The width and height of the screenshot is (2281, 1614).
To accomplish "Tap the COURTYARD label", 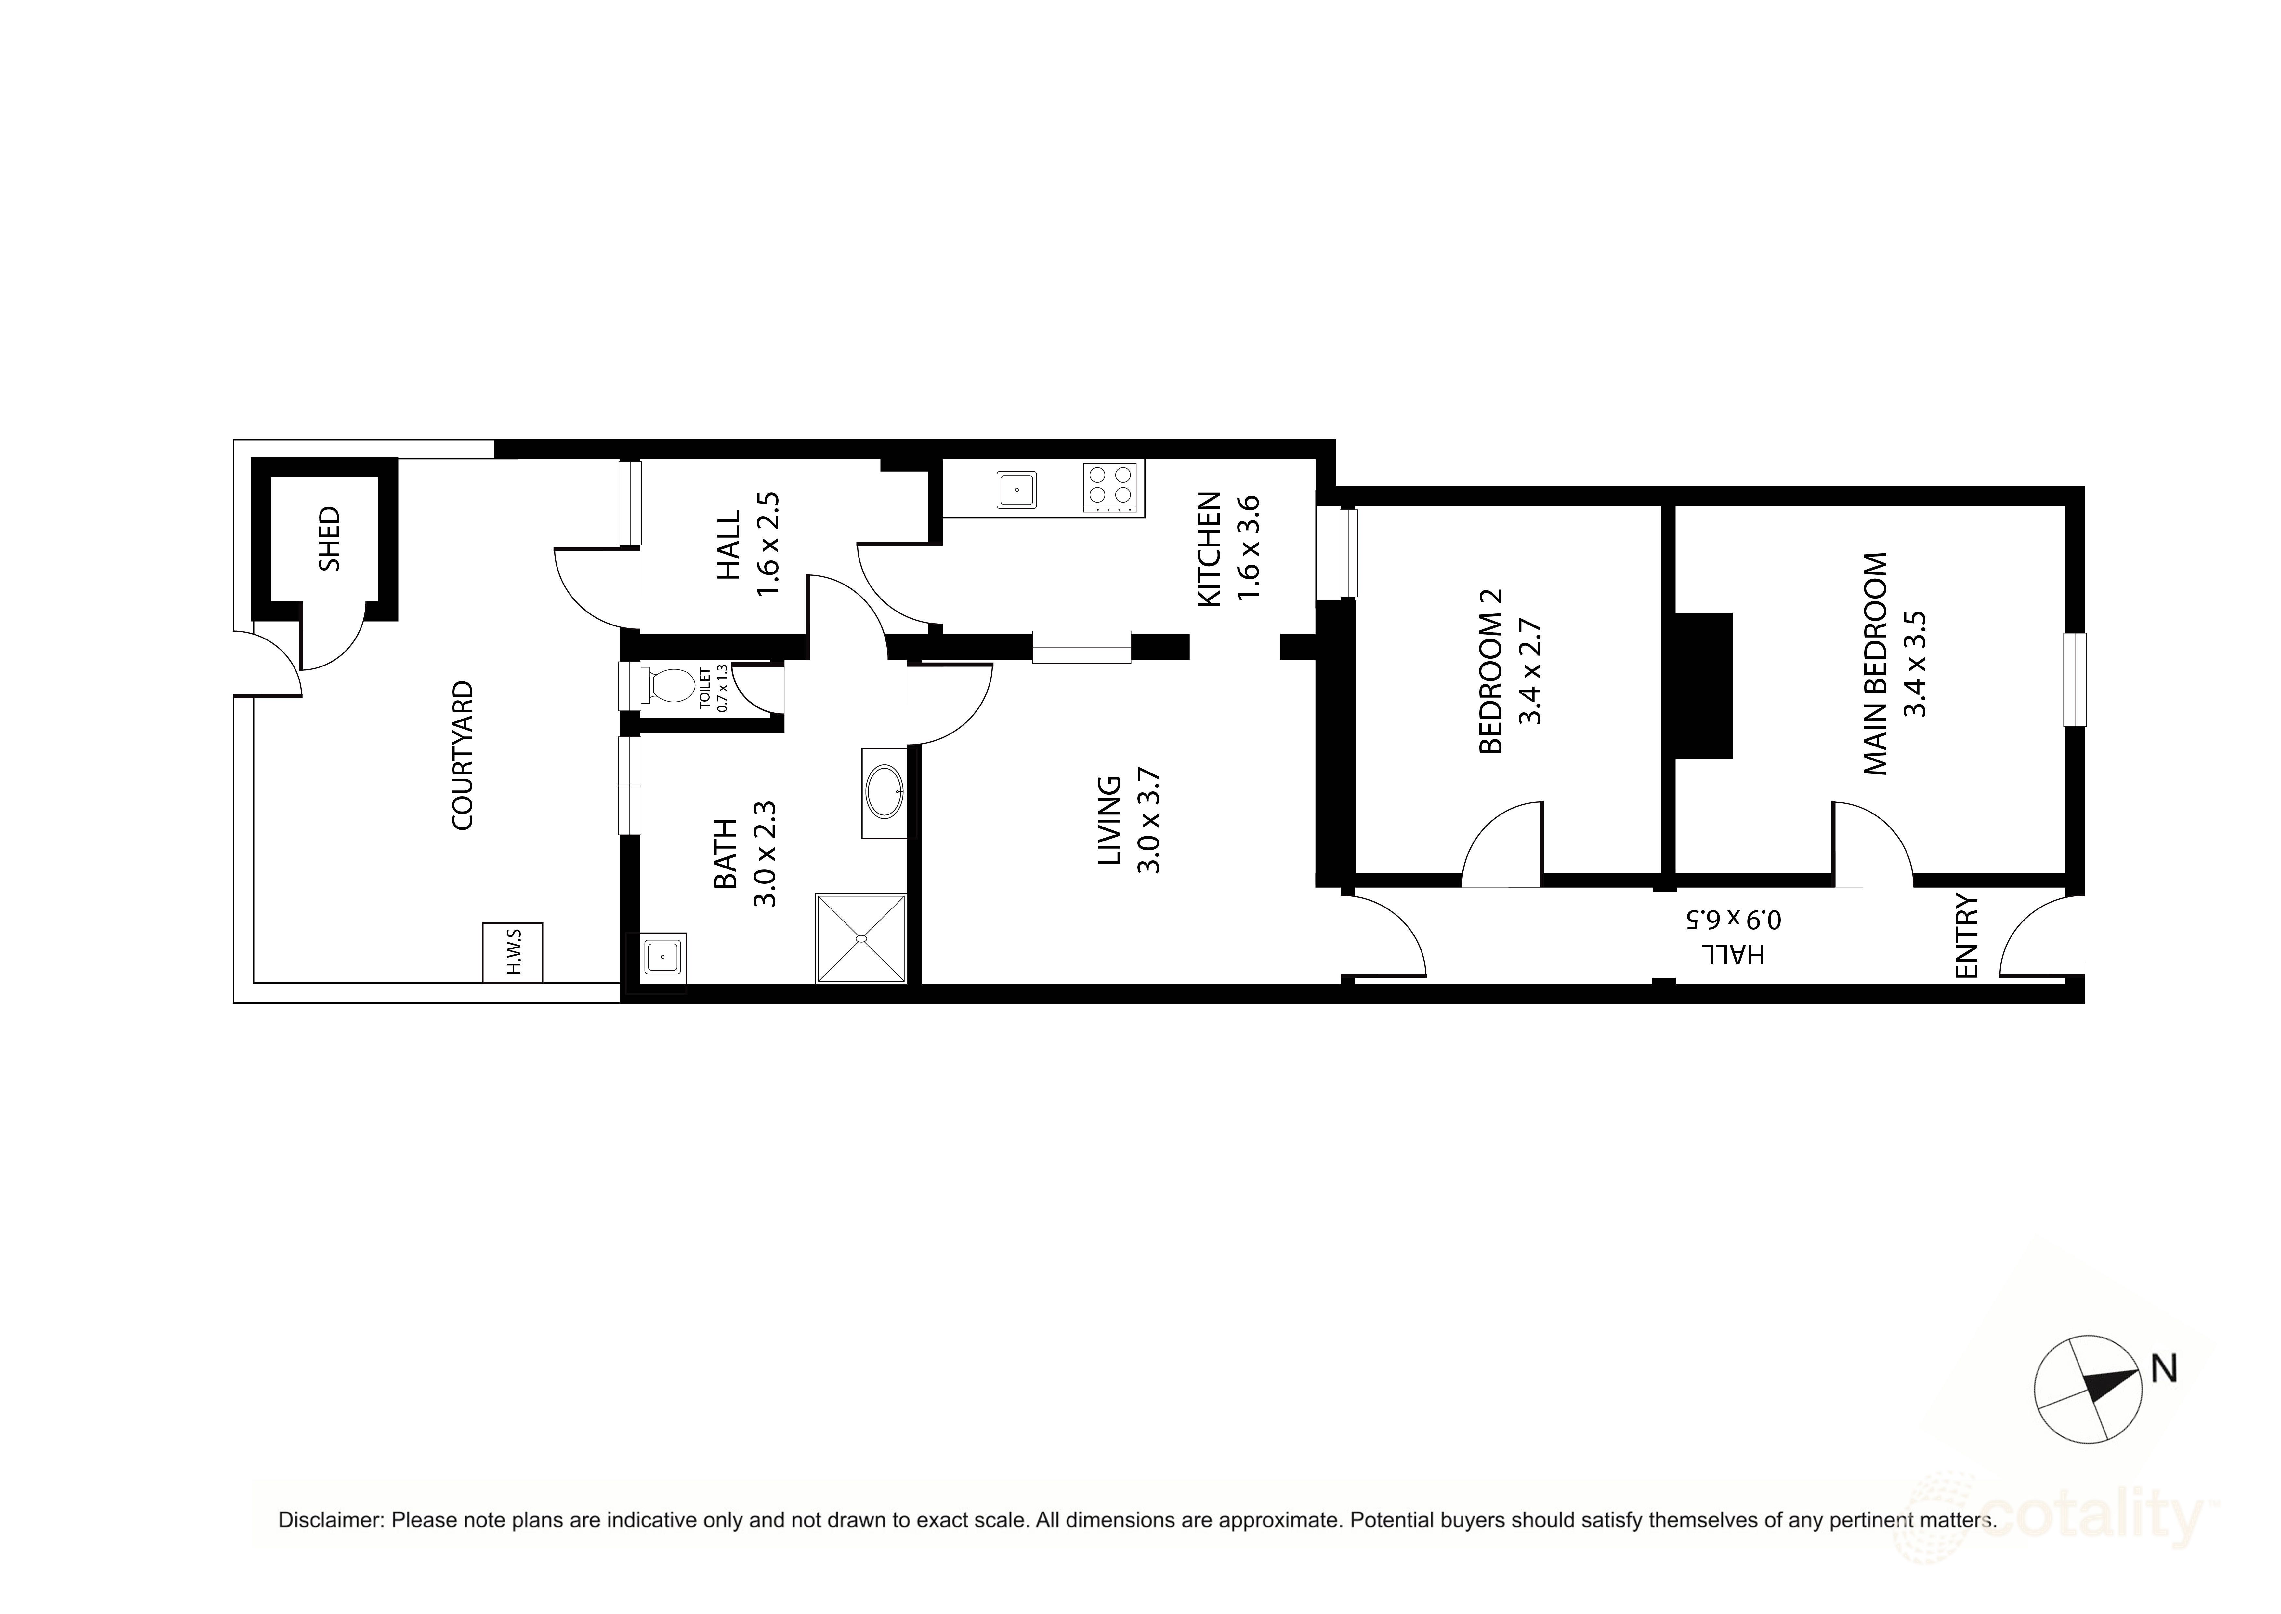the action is tap(463, 755).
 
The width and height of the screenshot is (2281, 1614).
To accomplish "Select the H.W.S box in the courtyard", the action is tap(513, 952).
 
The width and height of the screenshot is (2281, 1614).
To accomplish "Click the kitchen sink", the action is tap(1016, 490).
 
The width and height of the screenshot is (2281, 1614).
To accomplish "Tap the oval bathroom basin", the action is tap(884, 791).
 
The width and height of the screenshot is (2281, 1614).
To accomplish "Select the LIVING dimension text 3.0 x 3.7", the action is tap(1148, 821).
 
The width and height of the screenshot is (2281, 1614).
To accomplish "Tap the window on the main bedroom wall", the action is tap(2074, 680).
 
